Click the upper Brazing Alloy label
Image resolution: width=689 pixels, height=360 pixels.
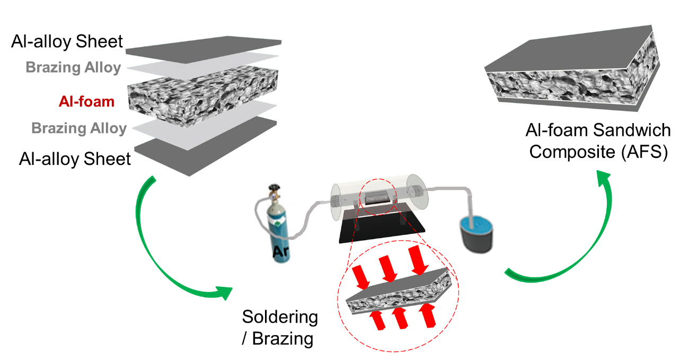pos(73,68)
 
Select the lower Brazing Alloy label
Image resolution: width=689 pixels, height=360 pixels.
pos(79,128)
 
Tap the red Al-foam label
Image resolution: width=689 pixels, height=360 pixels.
pos(86,101)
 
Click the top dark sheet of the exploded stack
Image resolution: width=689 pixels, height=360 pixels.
pos(204,45)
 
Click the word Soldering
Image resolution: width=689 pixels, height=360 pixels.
pos(280,317)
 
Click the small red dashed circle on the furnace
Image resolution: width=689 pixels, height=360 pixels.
pos(378,198)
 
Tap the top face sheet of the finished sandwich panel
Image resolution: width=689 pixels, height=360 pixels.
pos(567,50)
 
